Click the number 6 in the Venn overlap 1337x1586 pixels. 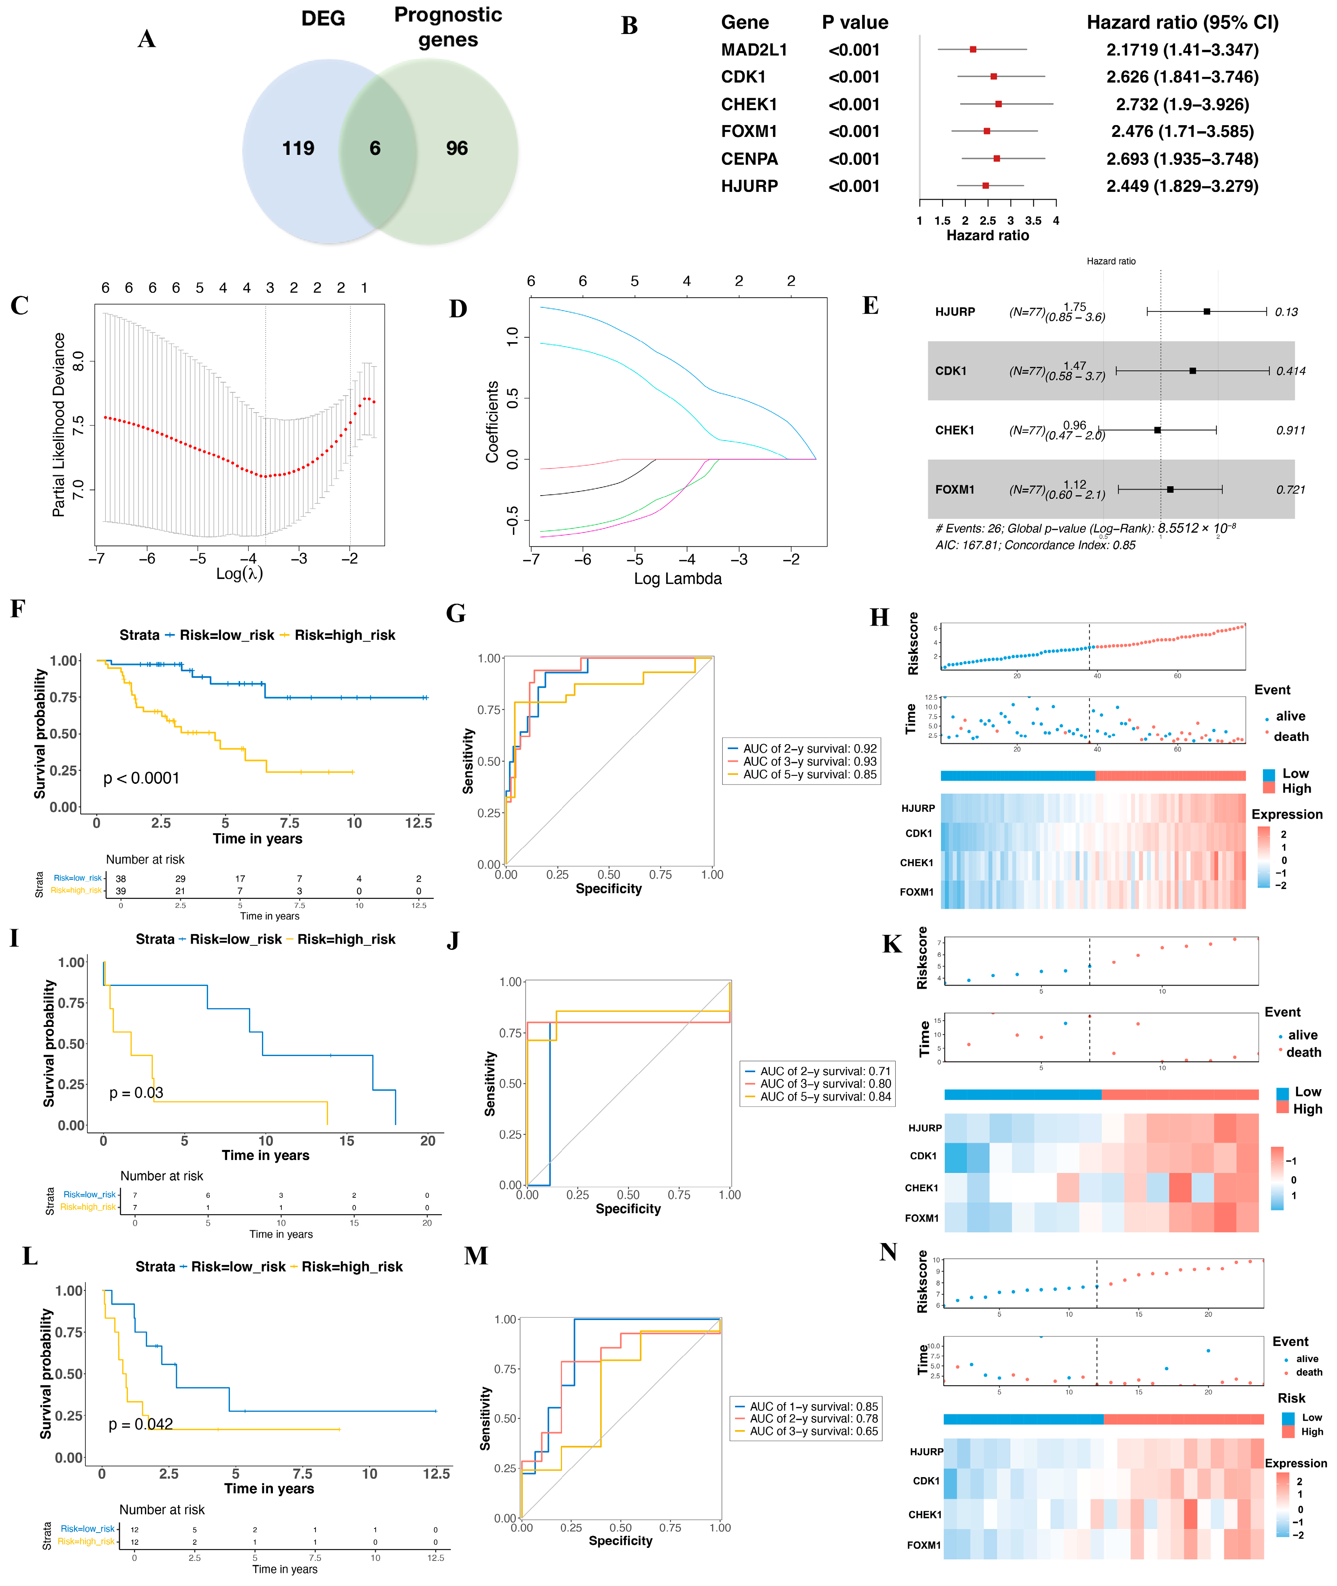[x=375, y=149]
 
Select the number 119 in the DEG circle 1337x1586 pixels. [x=298, y=149]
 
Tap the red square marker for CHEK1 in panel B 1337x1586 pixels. [x=998, y=104]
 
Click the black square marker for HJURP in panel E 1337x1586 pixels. [x=1207, y=311]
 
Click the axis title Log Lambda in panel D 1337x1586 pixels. [x=677, y=579]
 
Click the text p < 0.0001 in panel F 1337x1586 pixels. [x=142, y=778]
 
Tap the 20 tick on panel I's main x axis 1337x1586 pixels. [x=428, y=1141]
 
